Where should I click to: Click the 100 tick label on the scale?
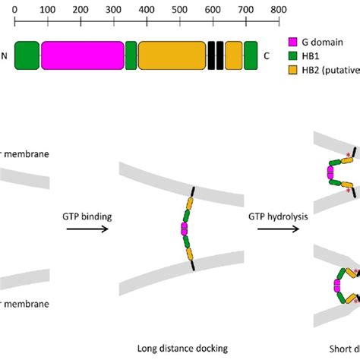[x=48, y=10]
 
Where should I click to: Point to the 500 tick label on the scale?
[x=179, y=10]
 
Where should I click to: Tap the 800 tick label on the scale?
[x=278, y=10]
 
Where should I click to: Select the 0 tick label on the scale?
[x=15, y=10]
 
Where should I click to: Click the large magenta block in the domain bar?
[x=82, y=56]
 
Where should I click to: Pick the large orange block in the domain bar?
[x=172, y=56]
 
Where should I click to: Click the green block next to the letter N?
[x=27, y=56]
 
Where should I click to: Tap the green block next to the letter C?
[x=250, y=56]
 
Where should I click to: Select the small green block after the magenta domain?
[x=131, y=56]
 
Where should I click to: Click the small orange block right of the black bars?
[x=233, y=56]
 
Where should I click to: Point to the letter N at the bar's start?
[x=6, y=56]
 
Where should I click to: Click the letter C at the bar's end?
[x=267, y=56]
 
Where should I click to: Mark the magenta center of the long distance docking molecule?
[x=184, y=229]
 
